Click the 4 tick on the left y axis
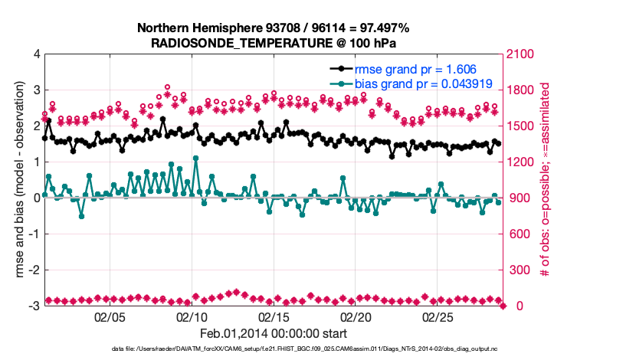coord(36,55)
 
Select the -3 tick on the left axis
coord(34,306)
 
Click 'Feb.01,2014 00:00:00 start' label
coord(274,333)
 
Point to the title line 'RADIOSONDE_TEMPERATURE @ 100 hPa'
coord(274,43)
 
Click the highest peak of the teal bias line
coord(196,159)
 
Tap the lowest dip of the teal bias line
coord(81,216)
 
